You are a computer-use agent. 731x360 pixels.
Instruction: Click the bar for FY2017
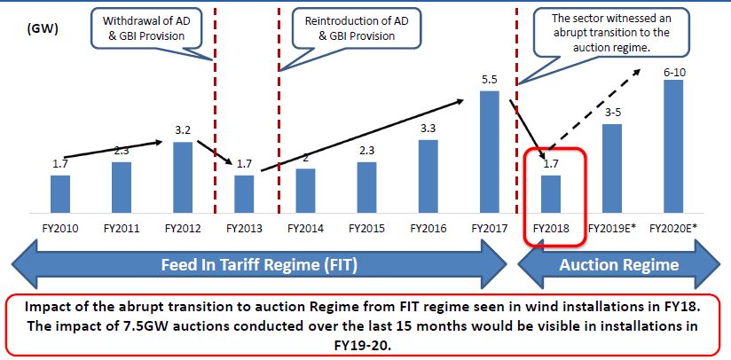490,152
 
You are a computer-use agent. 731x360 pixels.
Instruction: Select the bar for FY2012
183,177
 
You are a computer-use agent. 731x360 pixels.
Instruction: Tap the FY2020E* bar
673,146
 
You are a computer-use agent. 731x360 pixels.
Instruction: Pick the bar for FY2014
305,191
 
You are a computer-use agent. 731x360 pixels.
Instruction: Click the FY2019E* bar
612,168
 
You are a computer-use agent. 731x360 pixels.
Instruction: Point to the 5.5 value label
490,81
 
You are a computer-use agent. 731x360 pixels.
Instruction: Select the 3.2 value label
183,130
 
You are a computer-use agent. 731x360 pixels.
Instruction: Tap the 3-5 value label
612,113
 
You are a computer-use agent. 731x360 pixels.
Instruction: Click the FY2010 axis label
59,228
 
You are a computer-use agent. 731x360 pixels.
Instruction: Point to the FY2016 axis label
428,228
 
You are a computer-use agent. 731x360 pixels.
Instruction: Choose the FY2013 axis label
244,228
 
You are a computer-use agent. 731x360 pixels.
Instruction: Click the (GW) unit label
43,29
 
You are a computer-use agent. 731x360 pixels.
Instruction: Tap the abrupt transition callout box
601,31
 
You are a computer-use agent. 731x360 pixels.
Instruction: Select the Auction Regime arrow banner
618,264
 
